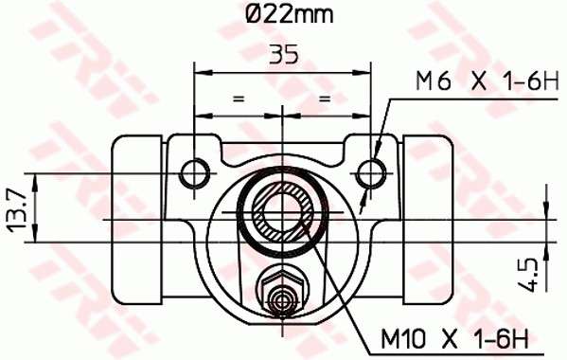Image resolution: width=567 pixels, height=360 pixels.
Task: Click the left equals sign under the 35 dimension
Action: [x=239, y=97]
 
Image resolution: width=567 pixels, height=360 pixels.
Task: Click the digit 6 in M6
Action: [x=437, y=83]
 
